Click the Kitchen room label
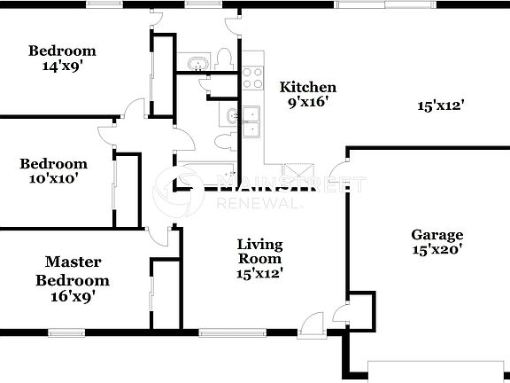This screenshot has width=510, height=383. tap(308, 87)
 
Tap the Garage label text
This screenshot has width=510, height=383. tap(437, 235)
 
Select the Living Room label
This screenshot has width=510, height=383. tap(259, 252)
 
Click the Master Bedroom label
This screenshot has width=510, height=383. tap(73, 271)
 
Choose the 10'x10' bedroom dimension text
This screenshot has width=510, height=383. tap(53, 177)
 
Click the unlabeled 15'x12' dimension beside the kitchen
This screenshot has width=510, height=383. tap(441, 106)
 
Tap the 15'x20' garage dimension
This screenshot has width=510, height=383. tap(437, 251)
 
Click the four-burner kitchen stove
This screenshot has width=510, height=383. tap(253, 78)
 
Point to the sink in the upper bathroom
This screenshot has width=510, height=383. tap(196, 62)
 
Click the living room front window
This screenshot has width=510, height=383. tap(223, 333)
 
